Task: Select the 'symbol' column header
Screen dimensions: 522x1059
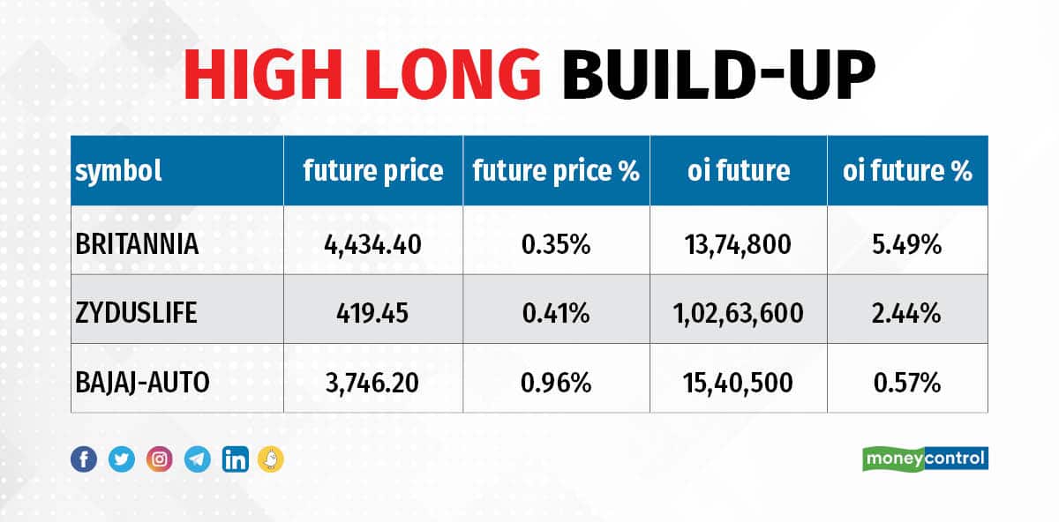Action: [x=119, y=171]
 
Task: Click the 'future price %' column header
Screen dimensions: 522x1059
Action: [x=556, y=171]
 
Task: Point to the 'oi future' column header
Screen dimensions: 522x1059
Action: [x=739, y=171]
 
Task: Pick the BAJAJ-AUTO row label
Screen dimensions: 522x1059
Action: [x=143, y=382]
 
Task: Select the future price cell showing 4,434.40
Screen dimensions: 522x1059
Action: [x=372, y=244]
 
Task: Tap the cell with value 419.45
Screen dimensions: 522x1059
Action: [x=372, y=313]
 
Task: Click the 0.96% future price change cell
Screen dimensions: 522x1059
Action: [x=556, y=382]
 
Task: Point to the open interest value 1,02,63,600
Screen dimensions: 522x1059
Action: [x=739, y=313]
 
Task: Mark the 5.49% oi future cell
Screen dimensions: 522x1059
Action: [x=907, y=244]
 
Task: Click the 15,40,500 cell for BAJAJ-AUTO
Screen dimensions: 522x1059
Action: [x=739, y=382]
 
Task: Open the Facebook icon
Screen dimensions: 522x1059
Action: [x=84, y=459]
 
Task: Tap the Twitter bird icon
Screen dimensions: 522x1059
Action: [x=122, y=459]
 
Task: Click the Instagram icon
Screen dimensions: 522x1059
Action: [x=160, y=459]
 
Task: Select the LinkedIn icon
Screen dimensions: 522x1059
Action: [x=236, y=459]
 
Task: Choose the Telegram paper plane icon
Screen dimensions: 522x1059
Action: [x=198, y=459]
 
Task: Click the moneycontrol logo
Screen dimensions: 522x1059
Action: [x=925, y=459]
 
